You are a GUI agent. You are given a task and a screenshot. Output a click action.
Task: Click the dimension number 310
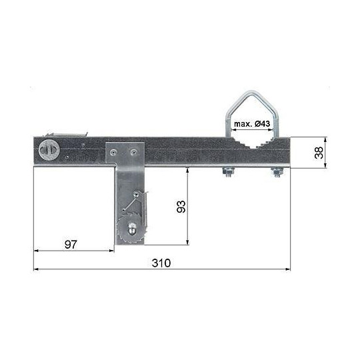161,263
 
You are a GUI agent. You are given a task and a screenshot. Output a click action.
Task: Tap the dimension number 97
71,245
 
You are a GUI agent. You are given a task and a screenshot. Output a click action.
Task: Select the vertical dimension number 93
181,207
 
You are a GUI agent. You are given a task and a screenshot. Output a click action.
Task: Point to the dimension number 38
319,153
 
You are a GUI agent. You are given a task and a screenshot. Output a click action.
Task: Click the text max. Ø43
252,124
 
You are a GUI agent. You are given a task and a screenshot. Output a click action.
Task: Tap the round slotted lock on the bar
49,150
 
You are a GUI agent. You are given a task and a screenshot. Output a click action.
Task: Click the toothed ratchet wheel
131,229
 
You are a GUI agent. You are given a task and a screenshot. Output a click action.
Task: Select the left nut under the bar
228,172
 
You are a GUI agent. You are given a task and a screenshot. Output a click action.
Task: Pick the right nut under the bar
277,172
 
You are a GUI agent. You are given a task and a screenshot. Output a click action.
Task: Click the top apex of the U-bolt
252,92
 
